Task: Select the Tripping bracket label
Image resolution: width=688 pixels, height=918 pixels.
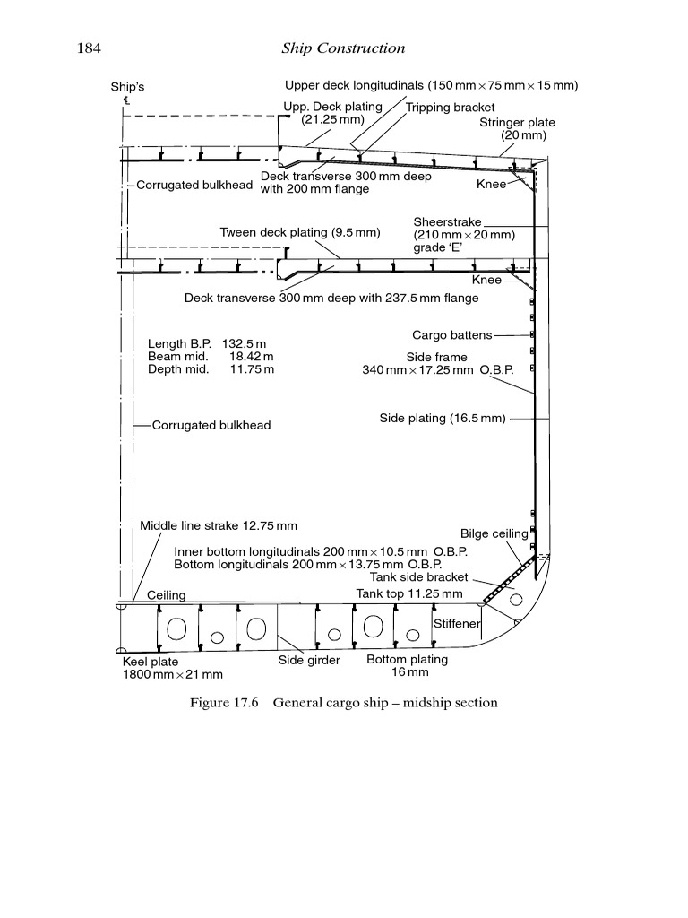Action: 450,108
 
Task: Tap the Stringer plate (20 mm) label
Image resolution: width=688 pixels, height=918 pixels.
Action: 517,129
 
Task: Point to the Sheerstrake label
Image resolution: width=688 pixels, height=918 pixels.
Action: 448,221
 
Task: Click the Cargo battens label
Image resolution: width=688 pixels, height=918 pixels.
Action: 451,335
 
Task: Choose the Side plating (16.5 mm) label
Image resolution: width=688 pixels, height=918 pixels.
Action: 443,419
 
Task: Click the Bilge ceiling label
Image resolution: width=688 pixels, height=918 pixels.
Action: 494,533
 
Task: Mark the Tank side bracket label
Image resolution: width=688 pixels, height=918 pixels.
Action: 412,577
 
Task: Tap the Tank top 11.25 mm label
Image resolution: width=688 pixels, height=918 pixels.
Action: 409,593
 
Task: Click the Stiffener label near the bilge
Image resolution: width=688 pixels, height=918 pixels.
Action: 457,623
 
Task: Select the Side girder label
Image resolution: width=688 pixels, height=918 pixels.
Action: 309,661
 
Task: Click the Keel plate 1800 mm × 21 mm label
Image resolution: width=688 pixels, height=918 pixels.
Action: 172,668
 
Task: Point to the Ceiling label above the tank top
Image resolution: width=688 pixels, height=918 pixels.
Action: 166,595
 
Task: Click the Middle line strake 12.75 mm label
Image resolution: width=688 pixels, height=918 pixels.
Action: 219,526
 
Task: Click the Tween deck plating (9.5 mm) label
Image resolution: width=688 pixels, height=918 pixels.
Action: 300,233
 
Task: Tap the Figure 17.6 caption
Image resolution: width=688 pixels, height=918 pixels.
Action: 343,703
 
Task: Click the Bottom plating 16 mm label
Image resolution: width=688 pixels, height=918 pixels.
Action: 407,665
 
